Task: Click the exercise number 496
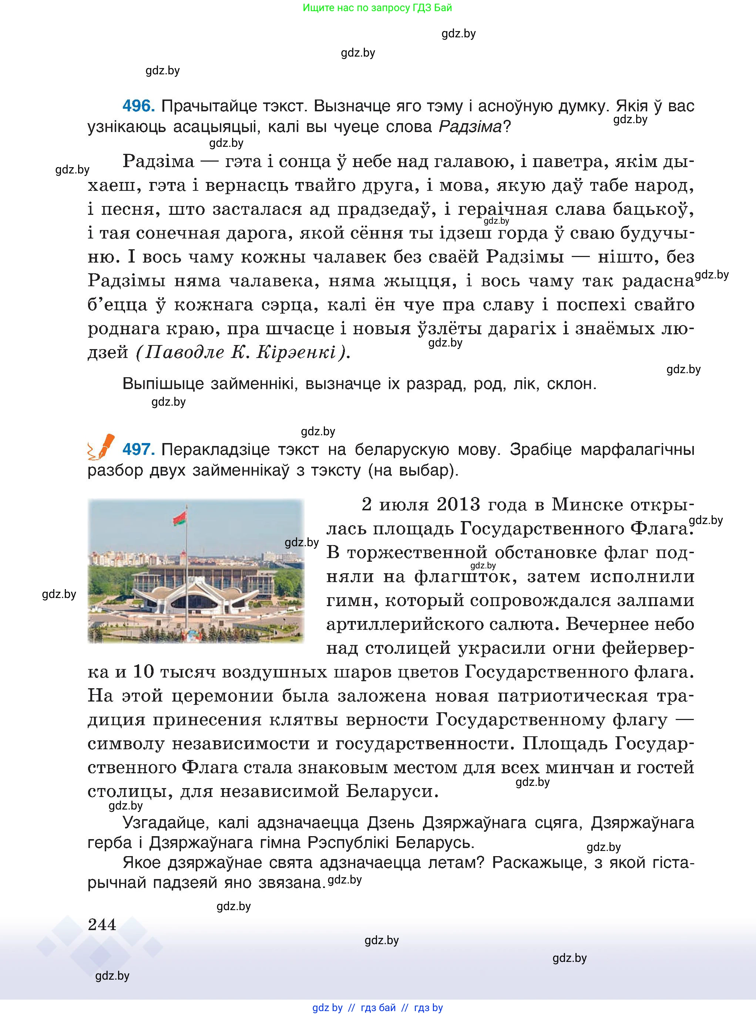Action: (138, 106)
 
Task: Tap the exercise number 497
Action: (138, 449)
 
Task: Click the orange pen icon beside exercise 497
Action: (102, 446)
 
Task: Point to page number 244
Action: (102, 925)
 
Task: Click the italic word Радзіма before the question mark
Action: (470, 127)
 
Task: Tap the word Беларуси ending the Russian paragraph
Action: (390, 791)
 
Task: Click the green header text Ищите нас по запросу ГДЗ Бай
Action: (377, 8)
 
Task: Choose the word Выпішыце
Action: (163, 384)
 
